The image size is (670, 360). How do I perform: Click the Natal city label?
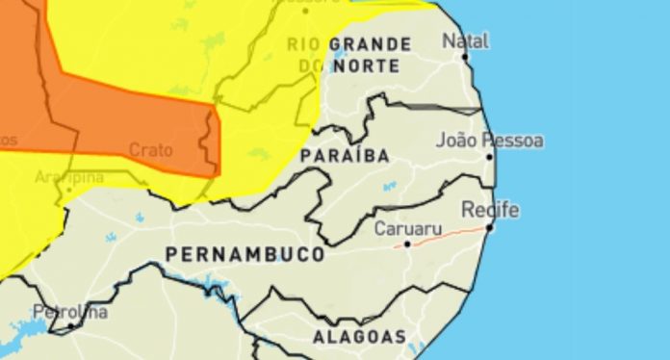tap(465, 40)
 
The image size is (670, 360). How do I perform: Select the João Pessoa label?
tap(489, 141)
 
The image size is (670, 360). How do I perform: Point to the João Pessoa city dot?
tap(489, 156)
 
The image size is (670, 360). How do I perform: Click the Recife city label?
tap(490, 210)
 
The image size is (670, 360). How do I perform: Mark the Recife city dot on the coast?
tap(490, 227)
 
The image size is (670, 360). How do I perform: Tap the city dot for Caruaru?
tap(407, 244)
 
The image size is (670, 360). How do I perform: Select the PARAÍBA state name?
tap(345, 155)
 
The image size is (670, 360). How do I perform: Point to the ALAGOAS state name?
tap(359, 337)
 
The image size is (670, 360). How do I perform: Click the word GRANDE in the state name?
tap(371, 44)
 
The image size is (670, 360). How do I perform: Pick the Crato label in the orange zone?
tap(150, 150)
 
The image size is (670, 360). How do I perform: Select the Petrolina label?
tap(70, 313)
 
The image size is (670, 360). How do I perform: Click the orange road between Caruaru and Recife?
tap(449, 235)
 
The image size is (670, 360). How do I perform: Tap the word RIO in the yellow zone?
tap(302, 44)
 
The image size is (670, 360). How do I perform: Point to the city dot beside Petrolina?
tap(71, 326)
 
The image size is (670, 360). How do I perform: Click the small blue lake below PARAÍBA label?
tap(389, 186)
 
